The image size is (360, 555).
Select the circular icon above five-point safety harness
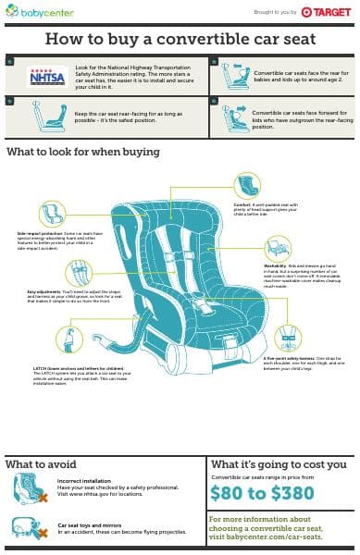(288, 338)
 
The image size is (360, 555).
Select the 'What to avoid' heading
(41, 463)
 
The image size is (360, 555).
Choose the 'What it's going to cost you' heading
(279, 463)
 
